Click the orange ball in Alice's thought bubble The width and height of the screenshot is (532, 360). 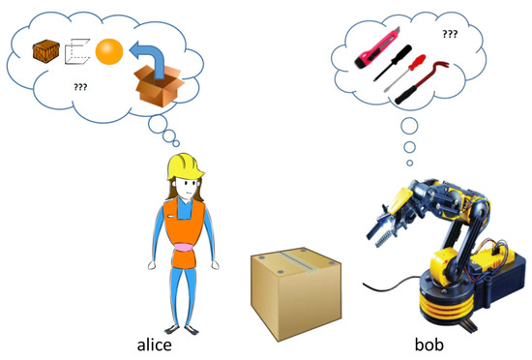click(107, 50)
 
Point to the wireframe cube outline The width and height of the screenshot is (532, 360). click(76, 50)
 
